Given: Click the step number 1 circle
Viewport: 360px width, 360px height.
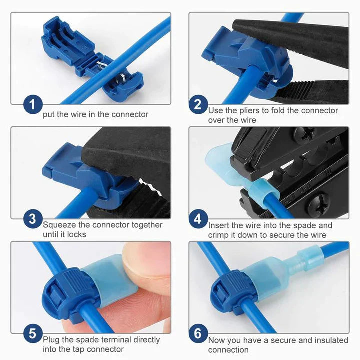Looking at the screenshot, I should click(32, 105).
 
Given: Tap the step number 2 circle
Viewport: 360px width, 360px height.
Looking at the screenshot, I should click(198, 105).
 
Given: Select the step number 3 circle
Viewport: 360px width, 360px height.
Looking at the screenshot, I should click(32, 219).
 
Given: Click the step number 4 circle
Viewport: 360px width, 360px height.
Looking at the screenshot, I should click(198, 219).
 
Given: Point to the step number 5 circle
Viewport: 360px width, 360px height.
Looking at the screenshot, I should click(32, 333).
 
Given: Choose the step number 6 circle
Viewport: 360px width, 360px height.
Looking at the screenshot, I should click(198, 333).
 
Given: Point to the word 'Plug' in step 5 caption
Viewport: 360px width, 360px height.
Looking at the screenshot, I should click(52, 340).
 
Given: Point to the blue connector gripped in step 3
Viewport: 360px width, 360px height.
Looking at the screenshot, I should click(82, 175).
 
